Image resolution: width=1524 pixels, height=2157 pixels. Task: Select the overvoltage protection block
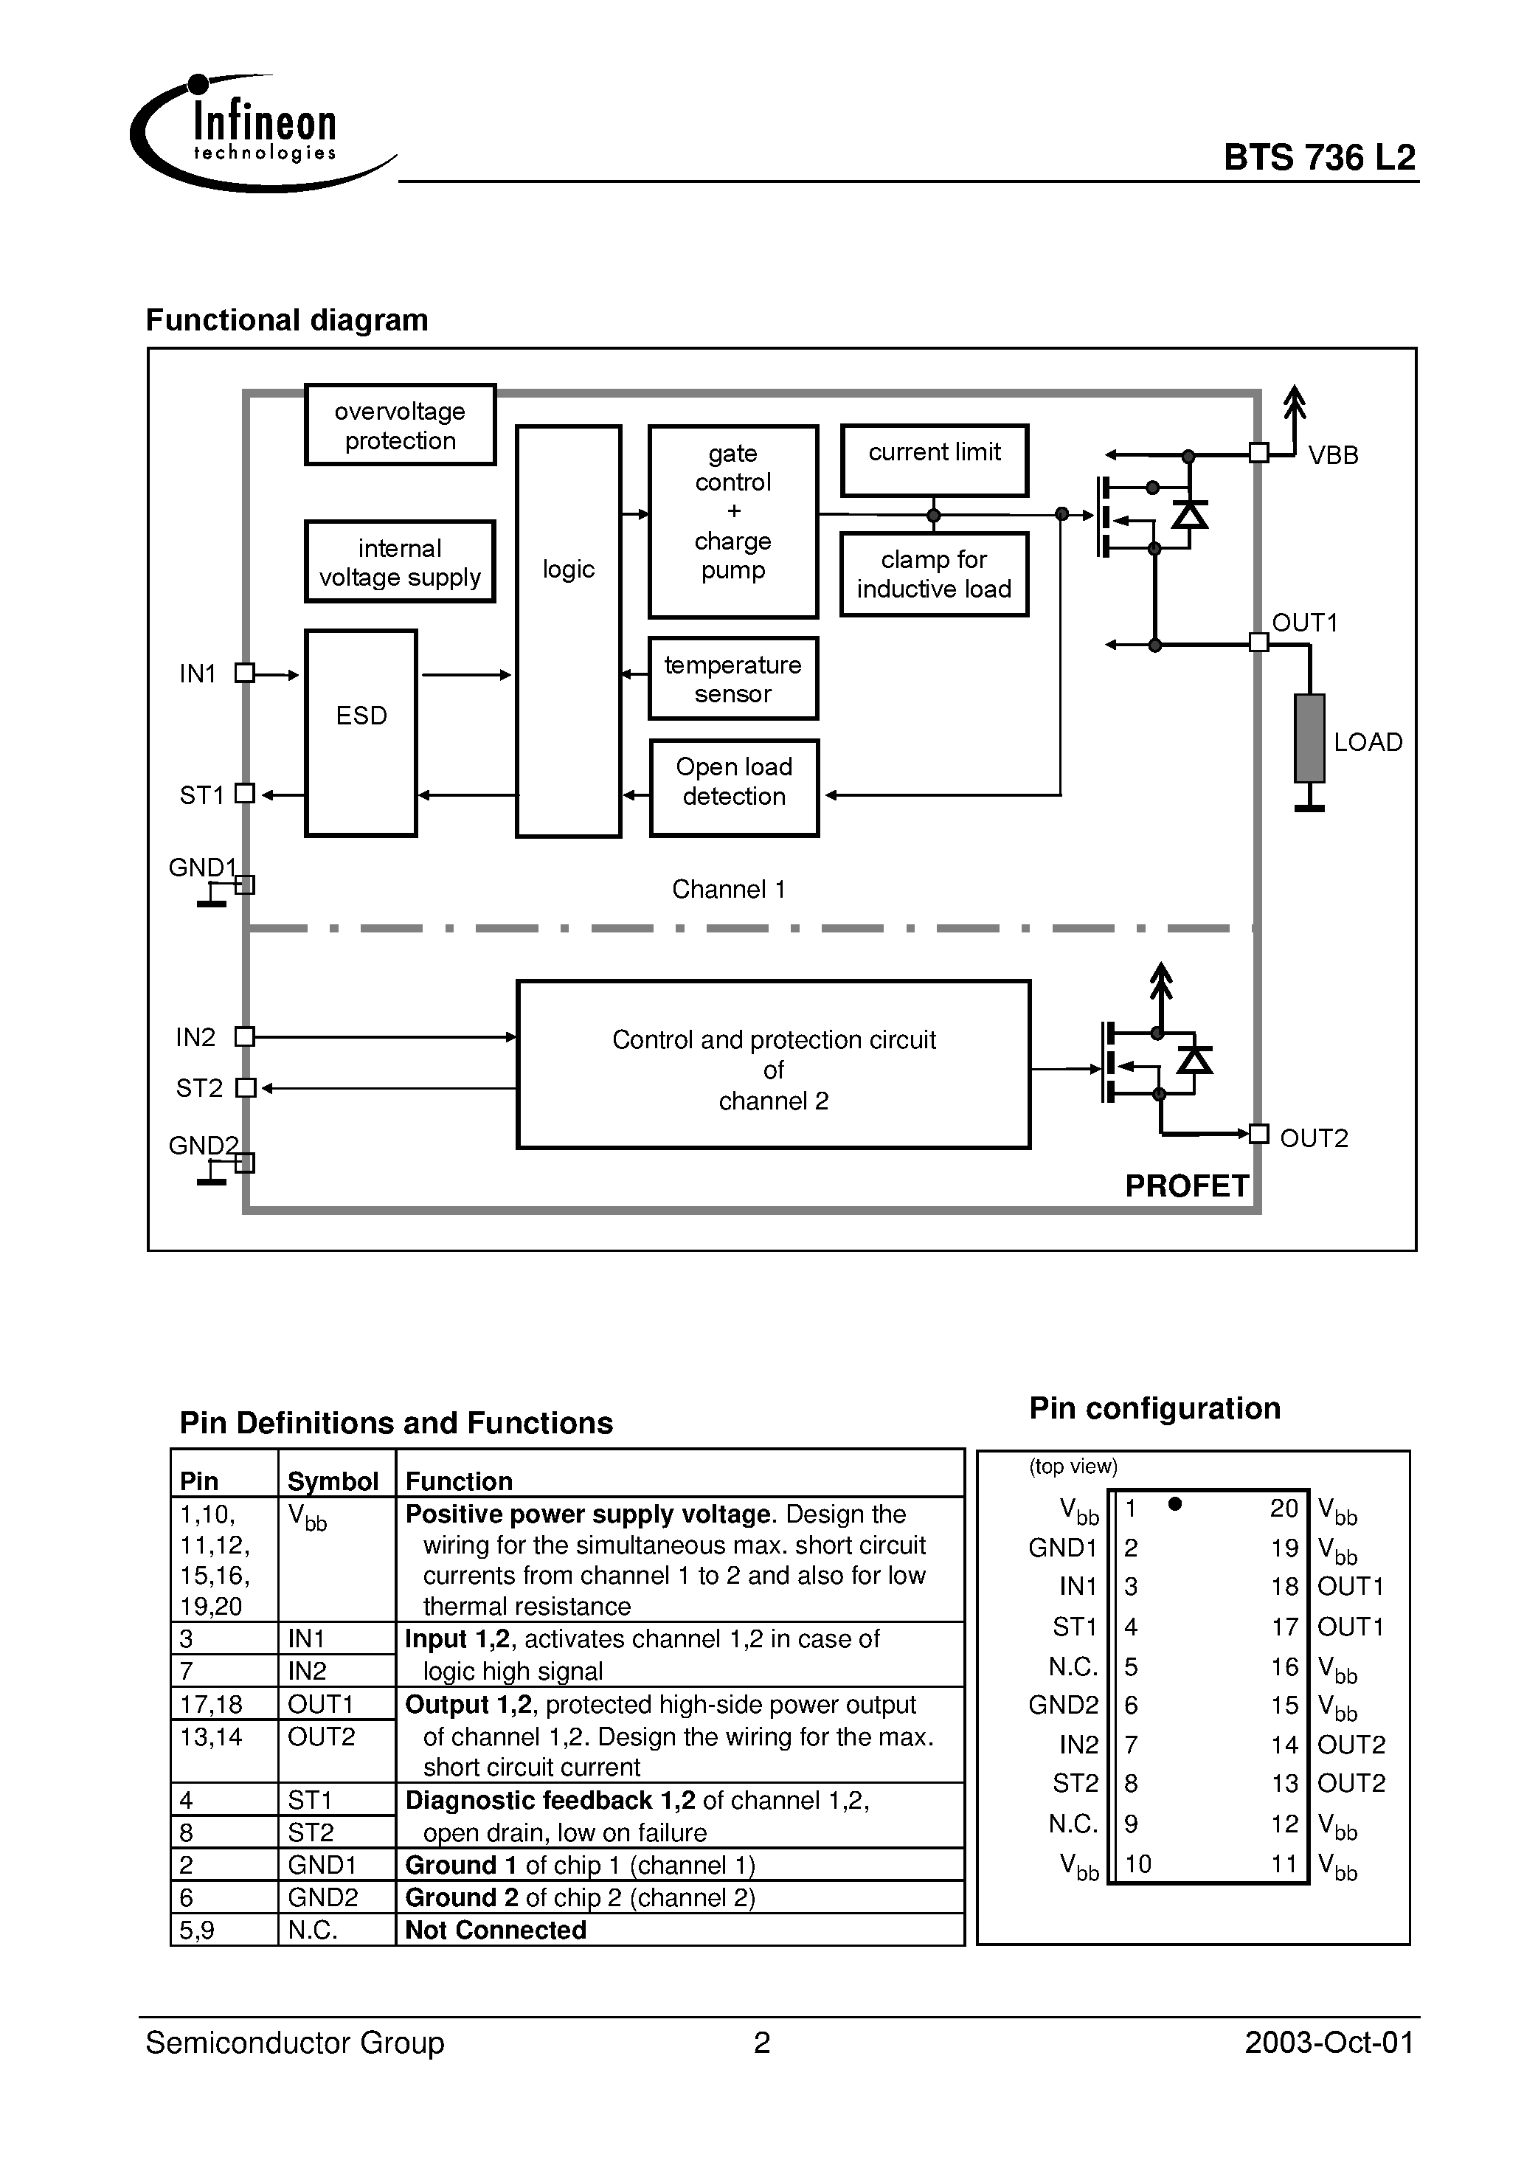pyautogui.click(x=401, y=425)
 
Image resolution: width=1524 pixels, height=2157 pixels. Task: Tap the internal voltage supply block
pyautogui.click(x=401, y=562)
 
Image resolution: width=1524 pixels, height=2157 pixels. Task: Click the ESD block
pyautogui.click(x=361, y=733)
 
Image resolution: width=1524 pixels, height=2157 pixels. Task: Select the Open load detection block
pyautogui.click(x=734, y=788)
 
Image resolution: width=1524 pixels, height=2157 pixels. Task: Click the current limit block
pyautogui.click(x=934, y=460)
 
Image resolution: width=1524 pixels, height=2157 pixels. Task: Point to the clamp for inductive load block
pyautogui.click(x=934, y=574)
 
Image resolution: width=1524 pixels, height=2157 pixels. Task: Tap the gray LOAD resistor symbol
pyautogui.click(x=1309, y=738)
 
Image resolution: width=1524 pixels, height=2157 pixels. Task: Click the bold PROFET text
pyautogui.click(x=1187, y=1185)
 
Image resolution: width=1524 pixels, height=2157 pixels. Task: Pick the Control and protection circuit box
pyautogui.click(x=773, y=1064)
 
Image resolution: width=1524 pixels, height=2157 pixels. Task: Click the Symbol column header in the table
pyautogui.click(x=333, y=1481)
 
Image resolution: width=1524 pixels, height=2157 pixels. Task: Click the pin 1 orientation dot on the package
pyautogui.click(x=1174, y=1504)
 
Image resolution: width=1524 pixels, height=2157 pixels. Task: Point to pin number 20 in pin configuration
pyautogui.click(x=1284, y=1508)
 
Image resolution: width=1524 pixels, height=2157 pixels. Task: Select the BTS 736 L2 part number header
pyautogui.click(x=1319, y=157)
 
